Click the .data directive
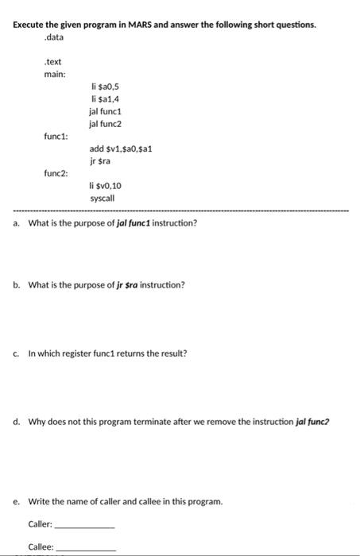54,37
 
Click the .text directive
53,61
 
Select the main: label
55,74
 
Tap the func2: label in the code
56,172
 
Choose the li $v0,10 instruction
106,185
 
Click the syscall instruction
103,197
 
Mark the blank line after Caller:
83,527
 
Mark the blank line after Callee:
84,550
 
